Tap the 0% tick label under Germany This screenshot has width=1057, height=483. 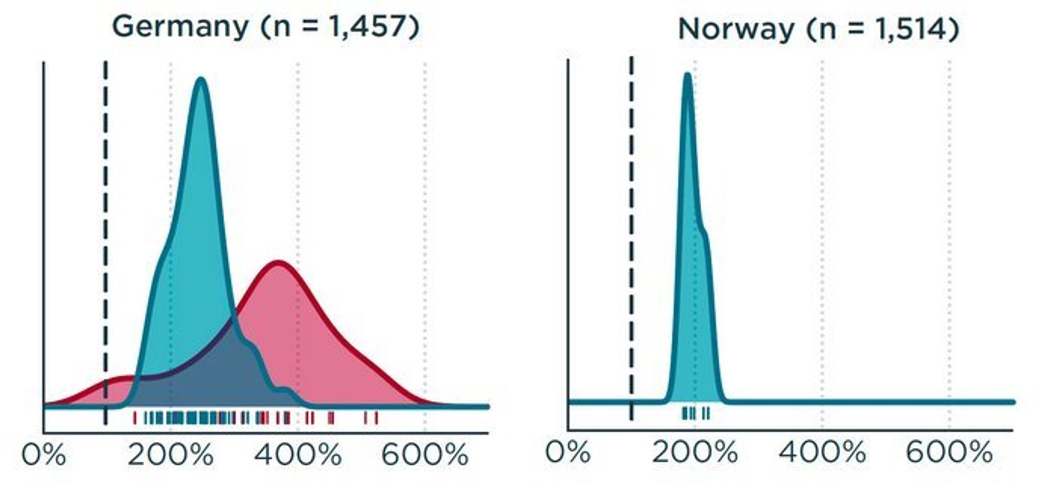[44, 455]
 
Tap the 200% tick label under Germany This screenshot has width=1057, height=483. [170, 455]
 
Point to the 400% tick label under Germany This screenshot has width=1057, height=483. [298, 455]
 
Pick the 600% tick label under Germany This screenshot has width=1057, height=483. [425, 455]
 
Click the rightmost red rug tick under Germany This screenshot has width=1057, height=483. [376, 418]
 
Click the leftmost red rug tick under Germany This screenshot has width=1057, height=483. [135, 418]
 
